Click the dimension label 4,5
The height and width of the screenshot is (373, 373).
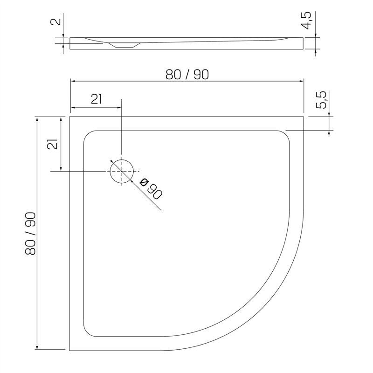click(x=306, y=21)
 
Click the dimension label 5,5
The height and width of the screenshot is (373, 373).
click(x=321, y=100)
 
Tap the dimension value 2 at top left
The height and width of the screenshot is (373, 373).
click(x=56, y=21)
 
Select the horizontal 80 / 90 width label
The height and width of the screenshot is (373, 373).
click(x=187, y=75)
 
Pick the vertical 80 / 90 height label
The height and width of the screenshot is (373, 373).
click(x=30, y=234)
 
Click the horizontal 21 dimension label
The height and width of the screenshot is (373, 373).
click(x=97, y=99)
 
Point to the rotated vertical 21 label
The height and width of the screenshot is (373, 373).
click(x=53, y=144)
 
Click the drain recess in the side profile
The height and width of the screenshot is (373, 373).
click(x=124, y=45)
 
